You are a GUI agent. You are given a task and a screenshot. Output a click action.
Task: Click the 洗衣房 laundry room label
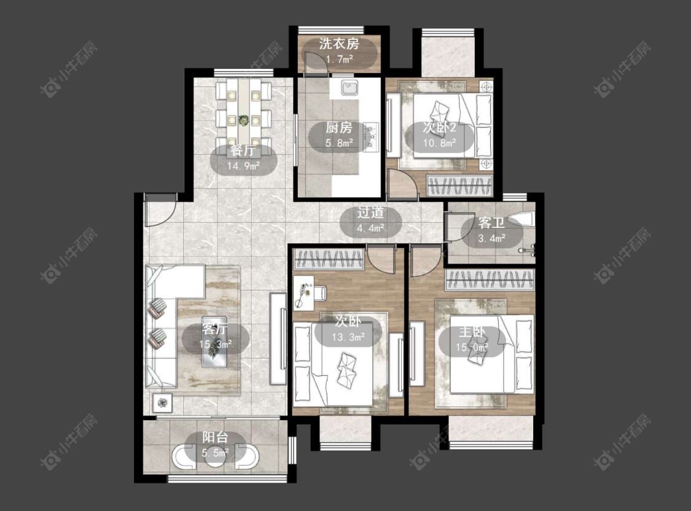click(x=339, y=44)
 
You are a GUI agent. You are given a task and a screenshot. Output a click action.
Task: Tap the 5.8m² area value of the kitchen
click(x=339, y=143)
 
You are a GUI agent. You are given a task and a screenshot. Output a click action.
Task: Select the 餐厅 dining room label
click(x=243, y=150)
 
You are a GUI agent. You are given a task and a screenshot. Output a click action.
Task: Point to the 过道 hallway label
click(x=370, y=213)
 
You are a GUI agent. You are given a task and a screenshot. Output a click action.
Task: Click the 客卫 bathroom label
click(x=491, y=223)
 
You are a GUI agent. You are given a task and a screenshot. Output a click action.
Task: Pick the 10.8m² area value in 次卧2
click(x=439, y=143)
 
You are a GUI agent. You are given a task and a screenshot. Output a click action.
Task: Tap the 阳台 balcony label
click(x=215, y=437)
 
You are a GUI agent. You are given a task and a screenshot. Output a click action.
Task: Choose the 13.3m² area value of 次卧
click(x=348, y=337)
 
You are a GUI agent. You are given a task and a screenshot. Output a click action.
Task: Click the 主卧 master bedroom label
click(x=472, y=332)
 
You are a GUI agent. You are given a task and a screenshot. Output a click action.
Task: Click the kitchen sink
click(x=349, y=88)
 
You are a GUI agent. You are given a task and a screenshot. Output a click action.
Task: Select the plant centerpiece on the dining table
click(x=243, y=120)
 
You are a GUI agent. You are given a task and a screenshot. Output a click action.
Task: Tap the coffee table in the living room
click(x=214, y=342)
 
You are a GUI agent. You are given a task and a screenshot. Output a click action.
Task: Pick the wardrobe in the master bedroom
click(x=490, y=279)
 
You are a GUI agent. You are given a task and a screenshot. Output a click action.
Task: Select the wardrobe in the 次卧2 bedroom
click(x=459, y=185)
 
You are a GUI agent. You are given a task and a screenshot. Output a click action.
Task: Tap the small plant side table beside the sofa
click(x=163, y=402)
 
